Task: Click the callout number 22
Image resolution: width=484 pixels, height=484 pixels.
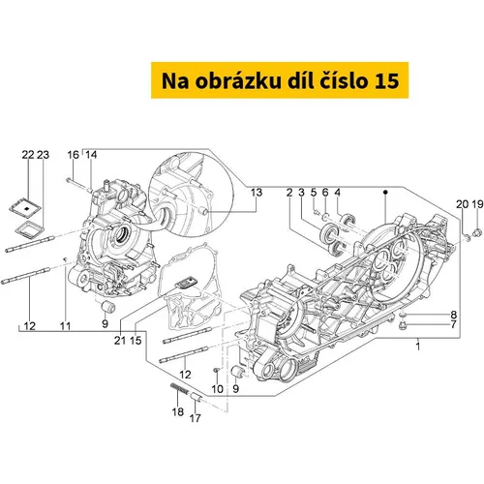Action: point(28,155)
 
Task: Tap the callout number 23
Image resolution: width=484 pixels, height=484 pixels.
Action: point(43,155)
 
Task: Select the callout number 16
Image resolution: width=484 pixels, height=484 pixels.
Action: point(74,155)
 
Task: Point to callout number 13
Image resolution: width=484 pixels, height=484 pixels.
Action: point(257,193)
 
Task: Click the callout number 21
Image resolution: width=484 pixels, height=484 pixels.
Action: point(120,340)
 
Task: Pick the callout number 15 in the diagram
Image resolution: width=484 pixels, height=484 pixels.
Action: point(136,340)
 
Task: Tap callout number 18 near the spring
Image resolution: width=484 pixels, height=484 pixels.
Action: point(178,411)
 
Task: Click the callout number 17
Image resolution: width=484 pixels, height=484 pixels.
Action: point(195,418)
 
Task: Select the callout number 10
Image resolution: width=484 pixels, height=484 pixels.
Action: point(218,389)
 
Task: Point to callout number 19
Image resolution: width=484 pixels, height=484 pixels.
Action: point(477,204)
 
